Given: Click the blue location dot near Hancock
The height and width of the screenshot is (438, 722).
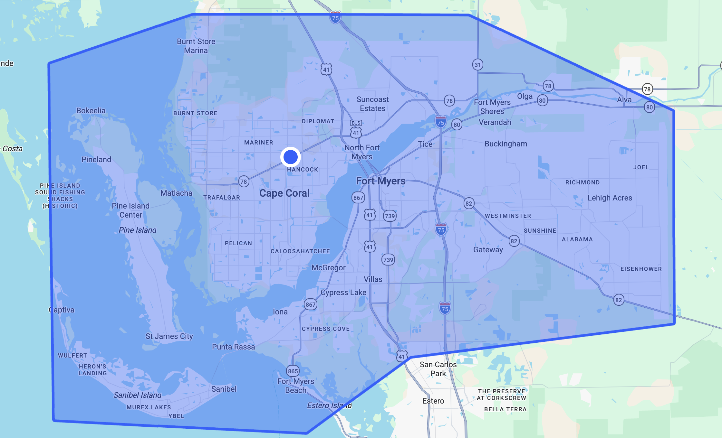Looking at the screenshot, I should click(290, 157).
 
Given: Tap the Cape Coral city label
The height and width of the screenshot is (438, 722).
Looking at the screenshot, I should click(284, 193).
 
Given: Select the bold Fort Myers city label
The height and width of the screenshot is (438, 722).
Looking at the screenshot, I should click(380, 181).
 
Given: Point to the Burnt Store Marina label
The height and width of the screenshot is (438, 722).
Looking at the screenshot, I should click(196, 46).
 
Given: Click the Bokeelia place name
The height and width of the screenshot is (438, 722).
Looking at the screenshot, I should click(91, 111).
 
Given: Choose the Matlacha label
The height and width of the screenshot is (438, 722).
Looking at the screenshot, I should click(176, 193).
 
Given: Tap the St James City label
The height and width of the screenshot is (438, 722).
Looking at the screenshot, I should click(169, 336).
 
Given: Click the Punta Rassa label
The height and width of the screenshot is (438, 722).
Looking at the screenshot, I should click(233, 347).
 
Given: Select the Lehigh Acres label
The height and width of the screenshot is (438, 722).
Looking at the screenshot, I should click(610, 198).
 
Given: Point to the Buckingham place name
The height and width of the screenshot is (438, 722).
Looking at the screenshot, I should click(506, 144).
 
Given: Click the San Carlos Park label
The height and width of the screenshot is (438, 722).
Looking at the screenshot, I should click(438, 369).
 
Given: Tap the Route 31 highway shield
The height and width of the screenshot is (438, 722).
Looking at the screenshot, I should click(477, 65).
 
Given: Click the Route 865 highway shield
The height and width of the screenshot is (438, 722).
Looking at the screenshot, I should click(293, 371).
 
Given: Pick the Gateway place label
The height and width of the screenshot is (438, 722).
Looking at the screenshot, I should click(488, 250).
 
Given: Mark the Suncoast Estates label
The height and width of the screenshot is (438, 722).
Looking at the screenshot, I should click(372, 104).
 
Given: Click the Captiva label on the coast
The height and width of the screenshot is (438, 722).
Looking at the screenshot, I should click(62, 310).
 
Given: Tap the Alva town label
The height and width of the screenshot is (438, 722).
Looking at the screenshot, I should click(624, 100).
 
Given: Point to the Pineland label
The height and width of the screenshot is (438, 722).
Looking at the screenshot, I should click(96, 160).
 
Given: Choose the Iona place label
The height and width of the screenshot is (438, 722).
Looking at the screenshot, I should click(280, 312).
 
